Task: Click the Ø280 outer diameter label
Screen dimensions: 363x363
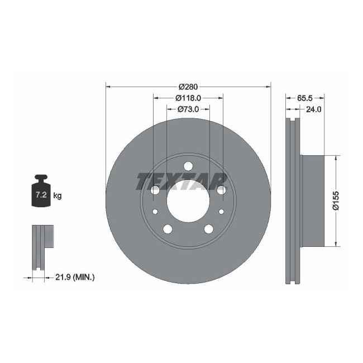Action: (x=188, y=87)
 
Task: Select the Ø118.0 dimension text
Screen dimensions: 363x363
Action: (x=189, y=98)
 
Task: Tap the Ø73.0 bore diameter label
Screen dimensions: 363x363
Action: (x=189, y=109)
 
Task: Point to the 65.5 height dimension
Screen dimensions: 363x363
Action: (x=304, y=98)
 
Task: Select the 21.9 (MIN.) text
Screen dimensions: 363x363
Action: (x=76, y=276)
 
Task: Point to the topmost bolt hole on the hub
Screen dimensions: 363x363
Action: (x=188, y=166)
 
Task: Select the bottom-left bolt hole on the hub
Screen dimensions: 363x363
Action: (x=167, y=229)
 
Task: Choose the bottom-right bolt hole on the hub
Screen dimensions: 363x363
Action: (x=209, y=229)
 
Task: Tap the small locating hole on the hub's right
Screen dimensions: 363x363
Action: (x=222, y=211)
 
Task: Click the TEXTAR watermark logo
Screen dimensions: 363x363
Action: (x=182, y=181)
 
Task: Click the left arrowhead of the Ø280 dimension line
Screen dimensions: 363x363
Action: (x=108, y=87)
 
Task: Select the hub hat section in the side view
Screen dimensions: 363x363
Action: (x=312, y=200)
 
